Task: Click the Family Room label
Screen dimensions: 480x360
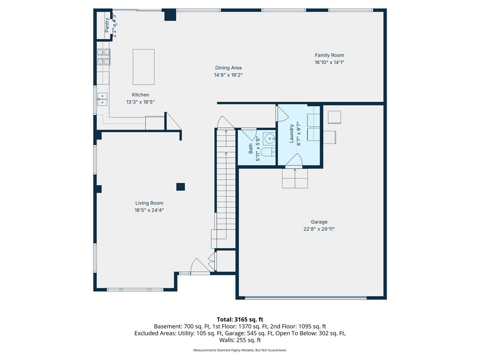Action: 329,55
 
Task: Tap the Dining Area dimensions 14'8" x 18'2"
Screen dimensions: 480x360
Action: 228,75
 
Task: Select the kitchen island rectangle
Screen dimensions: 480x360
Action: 144,67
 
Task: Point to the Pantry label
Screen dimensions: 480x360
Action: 107,25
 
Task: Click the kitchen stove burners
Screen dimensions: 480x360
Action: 104,57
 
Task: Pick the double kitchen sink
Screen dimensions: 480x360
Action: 102,99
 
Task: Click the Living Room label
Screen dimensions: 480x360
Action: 149,203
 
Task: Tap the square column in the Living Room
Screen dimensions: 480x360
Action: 180,187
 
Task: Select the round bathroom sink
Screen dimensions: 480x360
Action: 269,138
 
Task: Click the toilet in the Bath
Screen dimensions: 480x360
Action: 268,152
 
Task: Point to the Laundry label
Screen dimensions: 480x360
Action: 291,134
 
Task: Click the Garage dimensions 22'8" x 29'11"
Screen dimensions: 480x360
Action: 319,229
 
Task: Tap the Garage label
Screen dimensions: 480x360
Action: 319,222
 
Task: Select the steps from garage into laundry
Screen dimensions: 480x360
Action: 295,178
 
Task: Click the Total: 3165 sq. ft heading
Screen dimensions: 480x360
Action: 240,319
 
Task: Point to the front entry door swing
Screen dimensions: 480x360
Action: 200,266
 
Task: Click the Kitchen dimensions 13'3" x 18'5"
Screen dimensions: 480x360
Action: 140,102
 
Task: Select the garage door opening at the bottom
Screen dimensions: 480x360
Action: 306,298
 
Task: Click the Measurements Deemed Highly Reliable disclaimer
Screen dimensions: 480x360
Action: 240,350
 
